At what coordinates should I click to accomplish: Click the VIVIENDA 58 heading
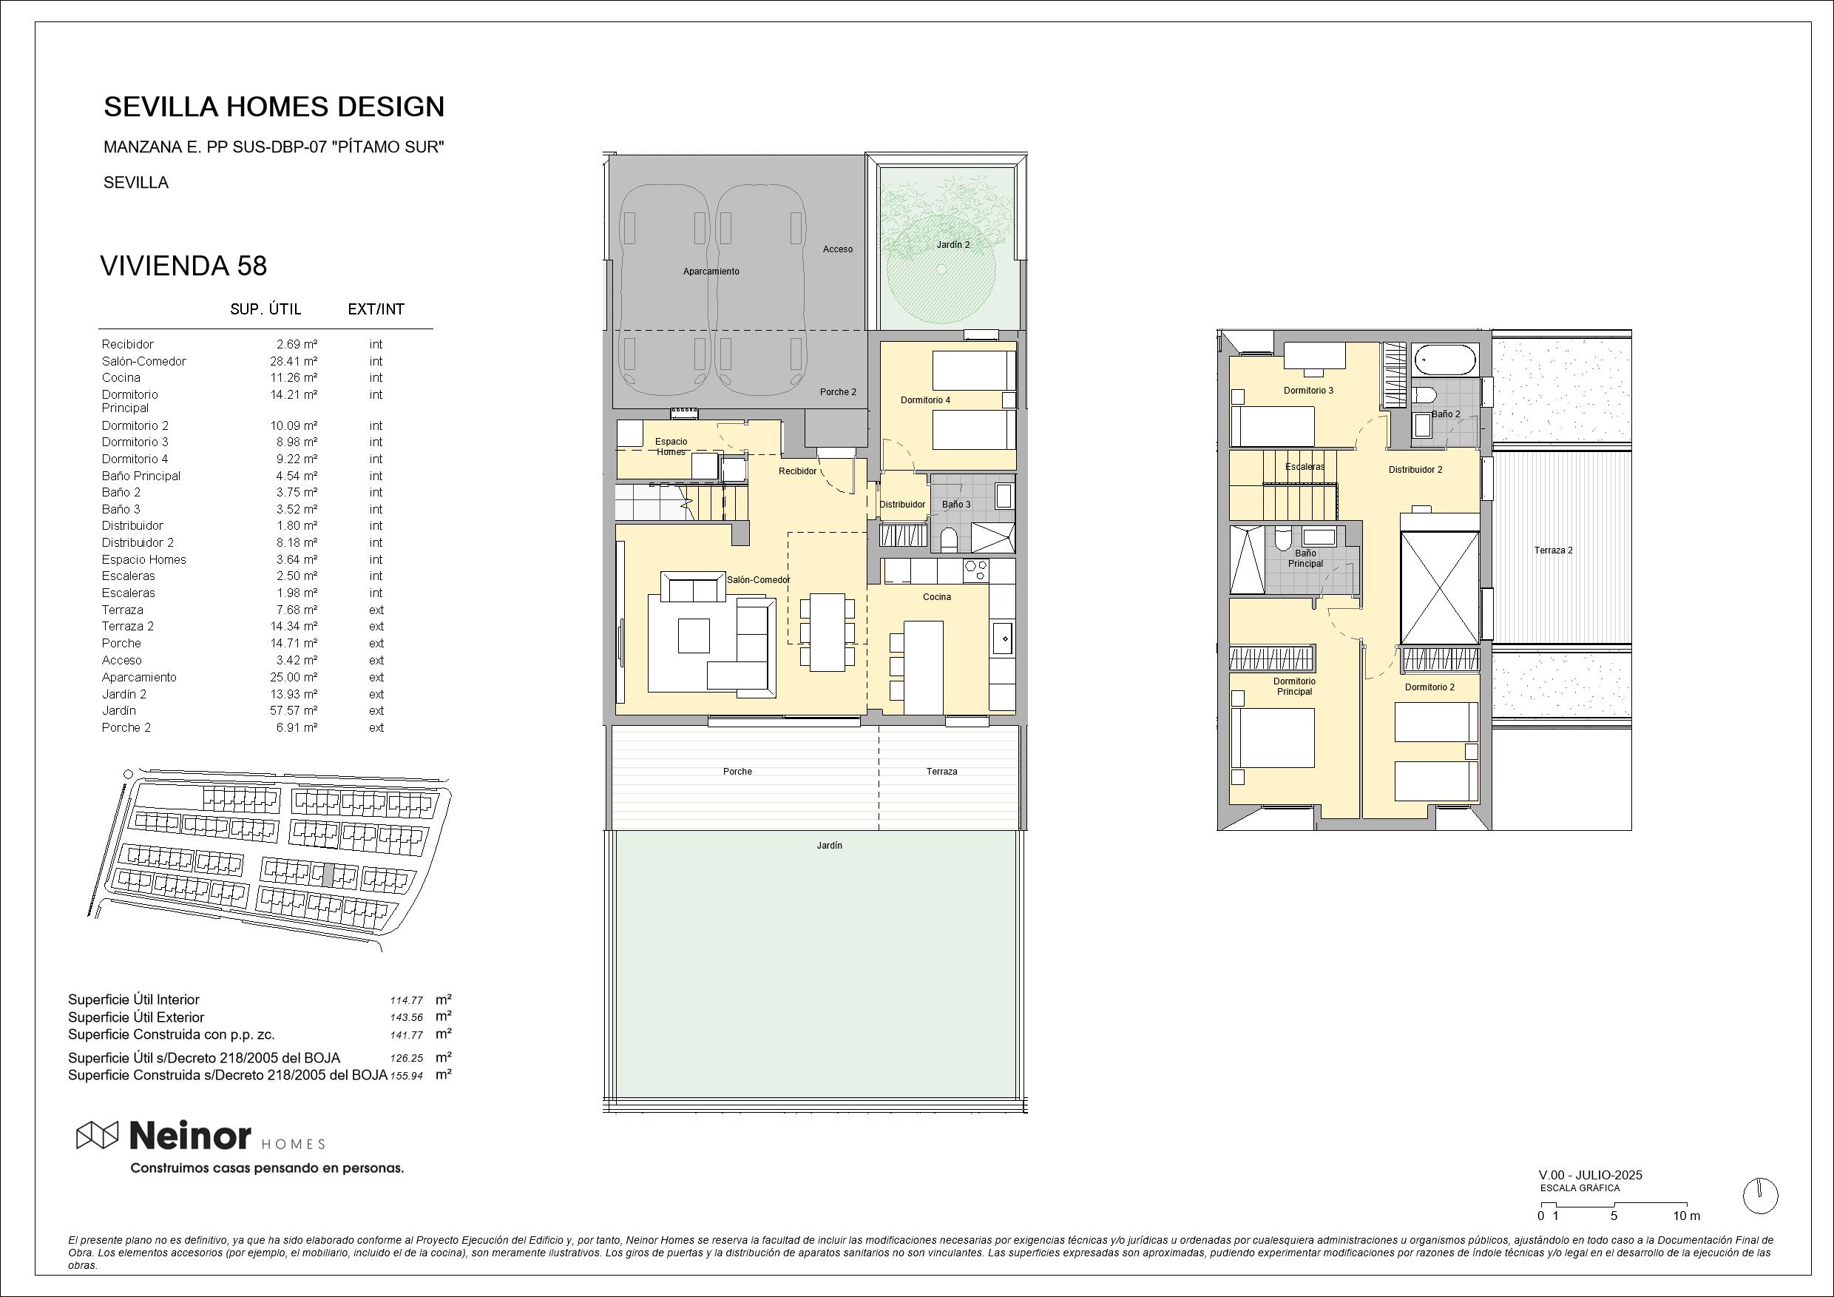[x=183, y=266]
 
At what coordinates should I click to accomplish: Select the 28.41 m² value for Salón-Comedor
[x=294, y=361]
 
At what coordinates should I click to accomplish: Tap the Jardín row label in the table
[x=118, y=710]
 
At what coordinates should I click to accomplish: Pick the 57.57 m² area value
[x=294, y=710]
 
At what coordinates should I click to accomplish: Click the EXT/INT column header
[x=376, y=309]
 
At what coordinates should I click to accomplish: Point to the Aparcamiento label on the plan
[x=711, y=272]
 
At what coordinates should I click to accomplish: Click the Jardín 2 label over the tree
[x=953, y=245]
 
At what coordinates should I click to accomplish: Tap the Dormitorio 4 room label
[x=925, y=400]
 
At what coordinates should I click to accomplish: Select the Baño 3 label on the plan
[x=956, y=505]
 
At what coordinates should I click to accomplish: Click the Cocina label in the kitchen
[x=937, y=597]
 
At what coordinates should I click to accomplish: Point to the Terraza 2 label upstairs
[x=1553, y=550]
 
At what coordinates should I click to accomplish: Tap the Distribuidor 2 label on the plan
[x=1415, y=470]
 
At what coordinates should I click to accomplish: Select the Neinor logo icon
[x=98, y=1134]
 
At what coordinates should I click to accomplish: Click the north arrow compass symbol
[x=1761, y=1196]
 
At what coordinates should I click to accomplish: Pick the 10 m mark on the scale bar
[x=1686, y=1216]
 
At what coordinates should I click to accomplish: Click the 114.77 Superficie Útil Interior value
[x=407, y=1000]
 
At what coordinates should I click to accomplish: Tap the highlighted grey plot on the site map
[x=327, y=875]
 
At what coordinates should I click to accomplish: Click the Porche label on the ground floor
[x=737, y=772]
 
